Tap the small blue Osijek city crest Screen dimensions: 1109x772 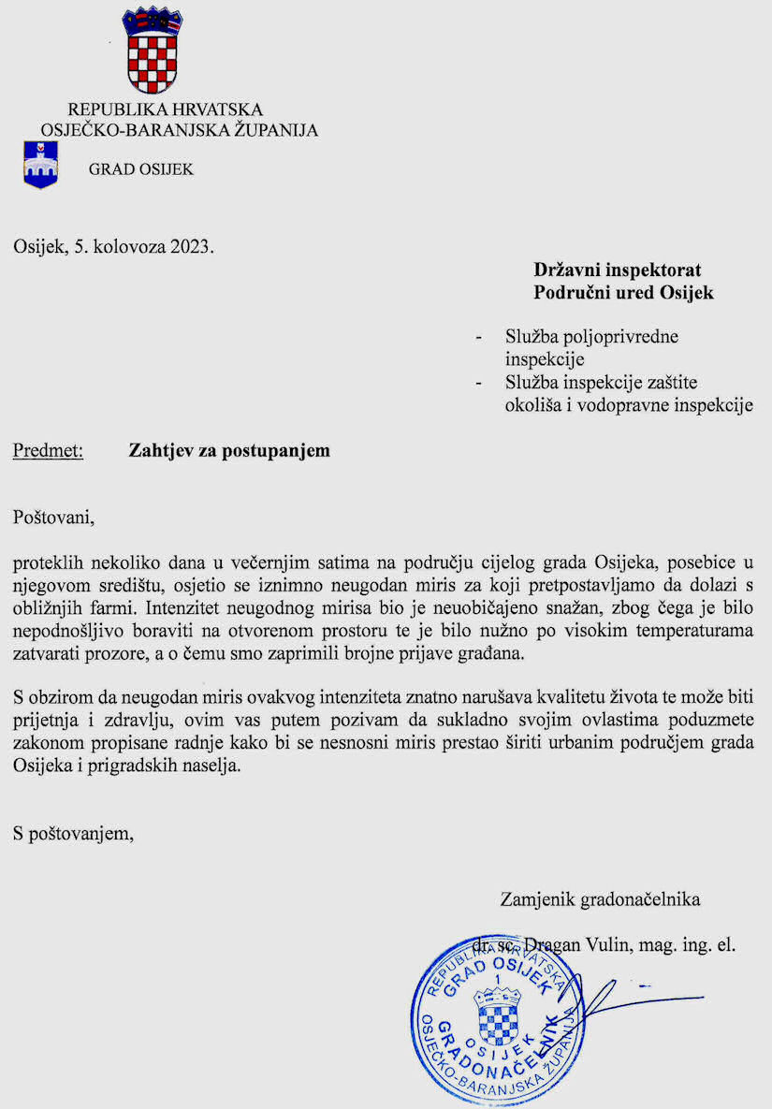(40, 166)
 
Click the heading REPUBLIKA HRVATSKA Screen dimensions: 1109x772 (166, 109)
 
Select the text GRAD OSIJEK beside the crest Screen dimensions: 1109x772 (141, 169)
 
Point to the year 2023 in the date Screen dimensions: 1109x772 (191, 248)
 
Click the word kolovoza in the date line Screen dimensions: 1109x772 (128, 248)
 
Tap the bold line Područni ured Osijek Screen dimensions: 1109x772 (623, 292)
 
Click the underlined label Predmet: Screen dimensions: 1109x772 (49, 450)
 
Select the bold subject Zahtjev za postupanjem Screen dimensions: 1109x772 (229, 450)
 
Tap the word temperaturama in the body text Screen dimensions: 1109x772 (697, 630)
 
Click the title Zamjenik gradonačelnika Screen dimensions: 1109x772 (601, 900)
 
